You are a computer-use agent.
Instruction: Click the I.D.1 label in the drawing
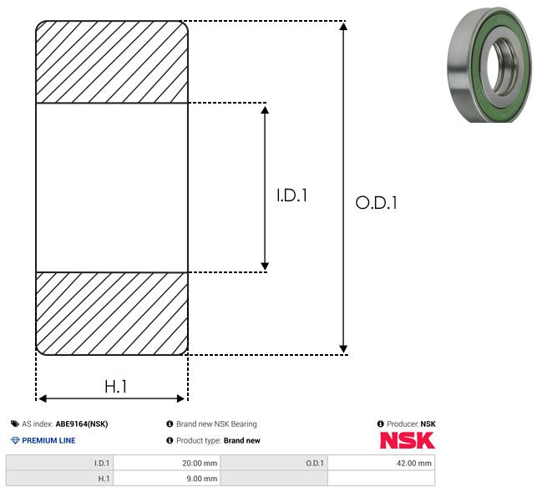291,195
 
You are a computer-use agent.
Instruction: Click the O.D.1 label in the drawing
376,202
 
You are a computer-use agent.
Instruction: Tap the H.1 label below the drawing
116,387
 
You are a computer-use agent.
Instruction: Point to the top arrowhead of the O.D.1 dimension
343,26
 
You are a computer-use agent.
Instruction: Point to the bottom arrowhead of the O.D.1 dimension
343,349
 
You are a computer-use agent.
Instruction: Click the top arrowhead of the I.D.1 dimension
265,109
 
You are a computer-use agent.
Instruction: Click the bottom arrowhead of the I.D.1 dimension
265,266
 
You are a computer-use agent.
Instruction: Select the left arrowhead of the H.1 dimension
42,398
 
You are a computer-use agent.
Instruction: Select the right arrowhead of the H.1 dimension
180,398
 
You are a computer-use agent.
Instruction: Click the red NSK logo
408,440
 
